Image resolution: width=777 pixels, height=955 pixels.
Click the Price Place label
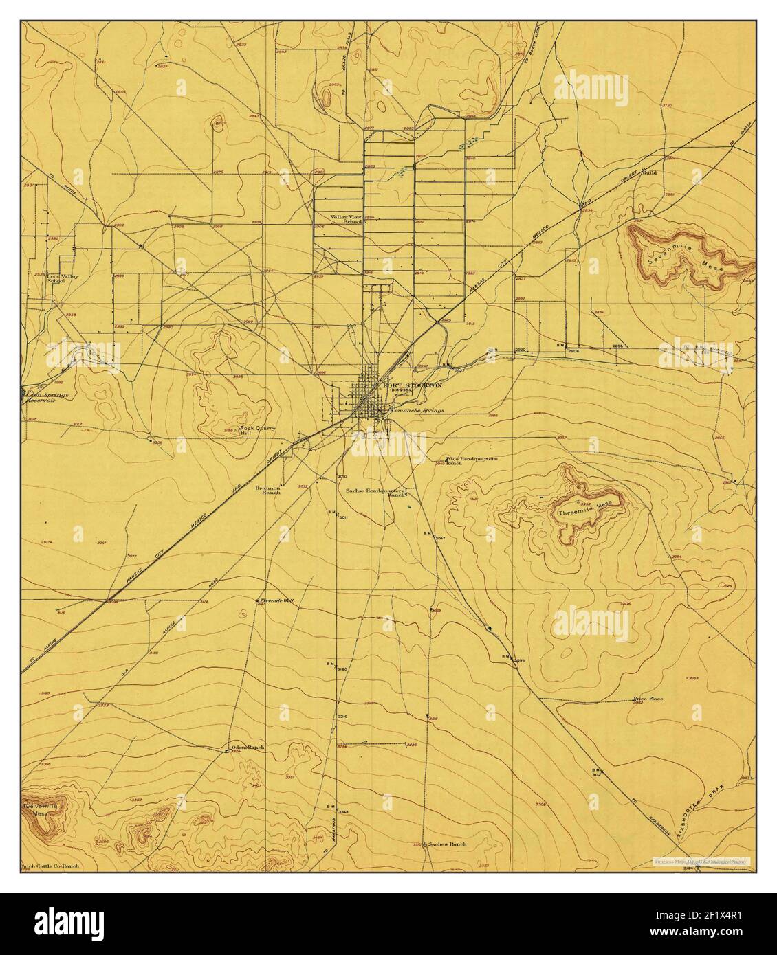(648, 699)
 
